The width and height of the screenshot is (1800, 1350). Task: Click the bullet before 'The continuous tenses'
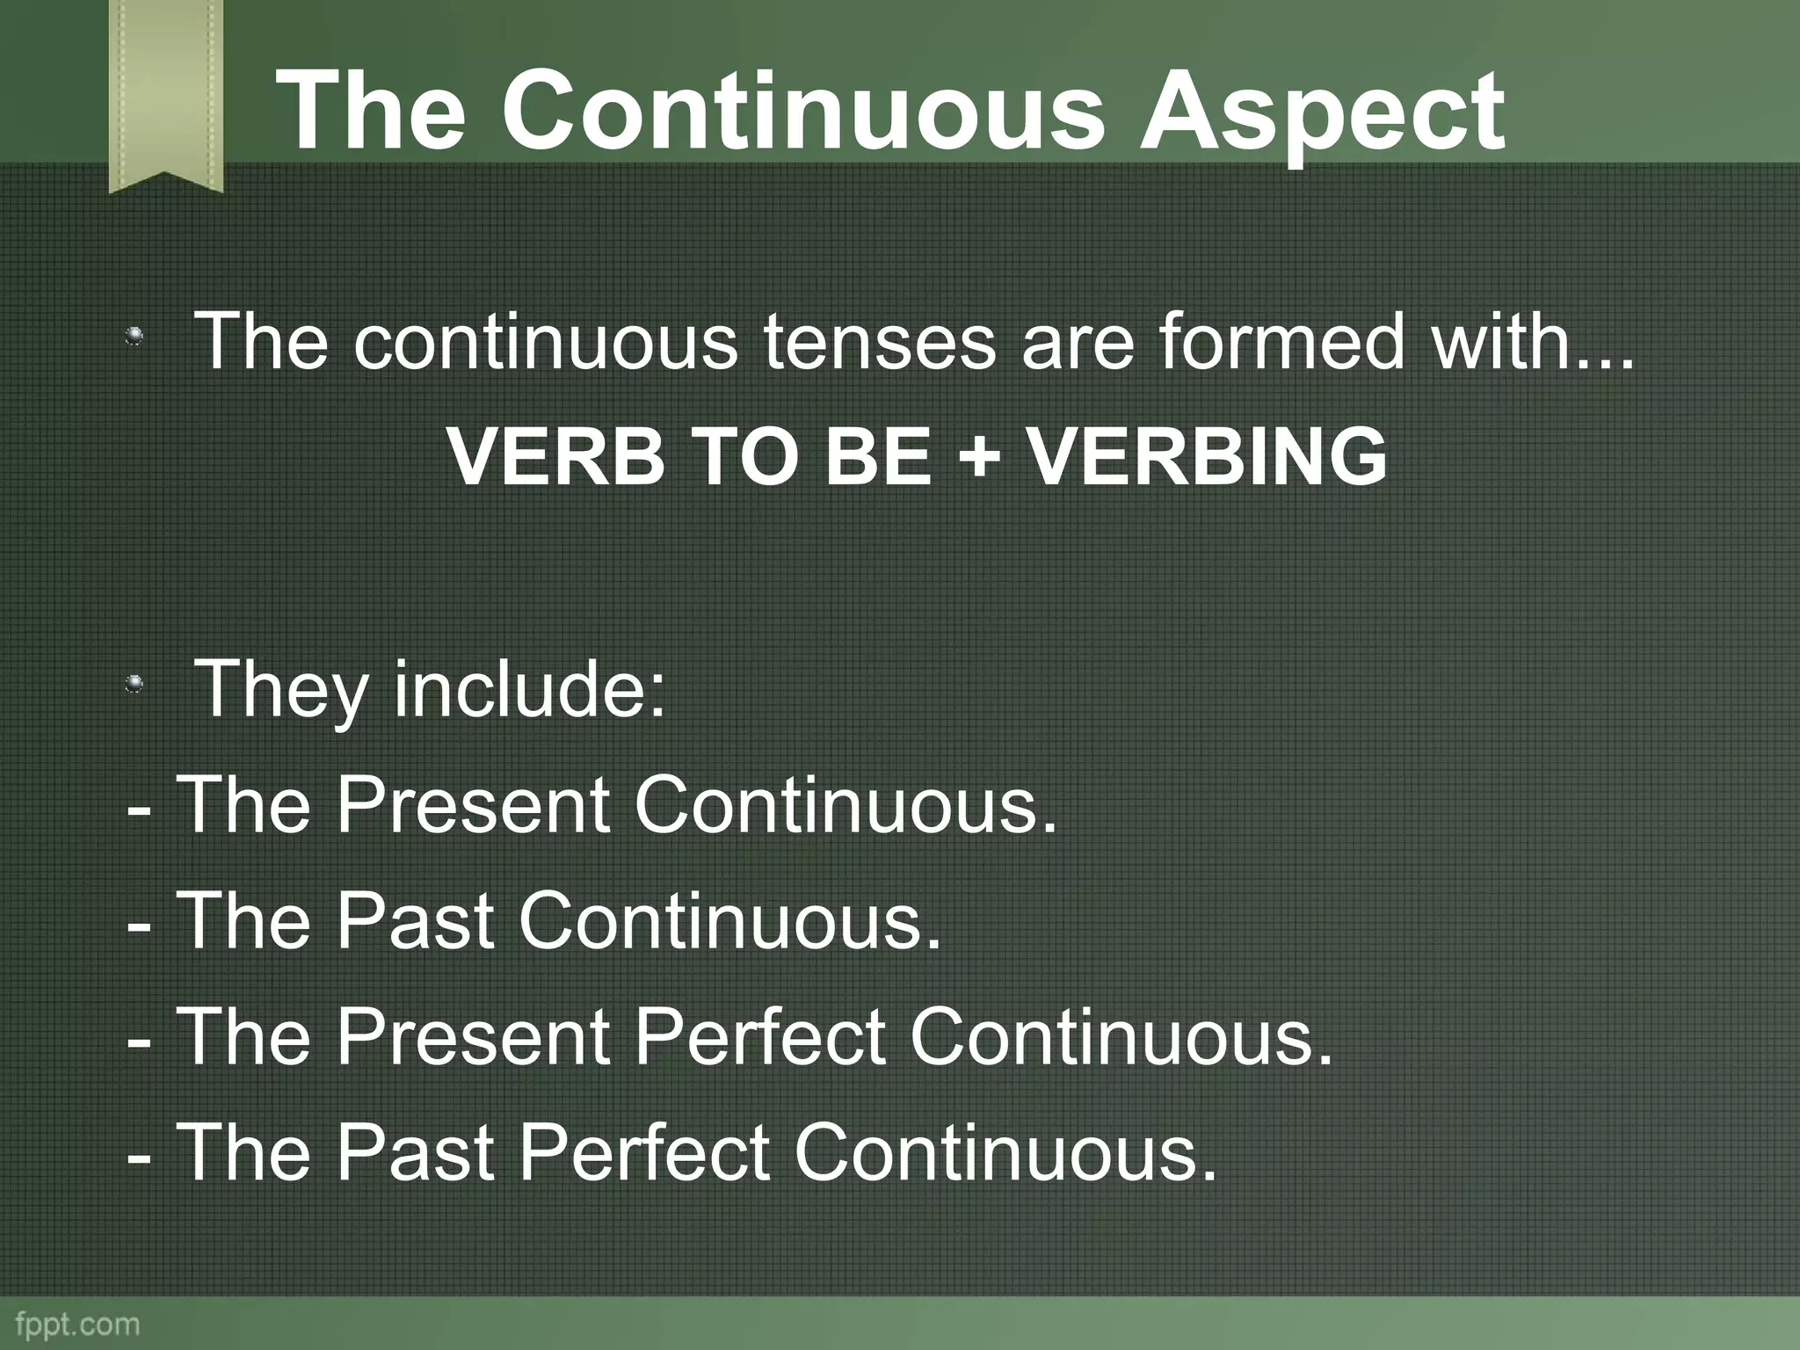pyautogui.click(x=134, y=337)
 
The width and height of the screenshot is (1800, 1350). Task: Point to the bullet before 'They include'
pyautogui.click(x=134, y=683)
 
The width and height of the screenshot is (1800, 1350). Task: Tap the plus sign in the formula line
pyautogui.click(x=977, y=457)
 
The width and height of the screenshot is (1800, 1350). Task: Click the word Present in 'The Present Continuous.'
pyautogui.click(x=473, y=804)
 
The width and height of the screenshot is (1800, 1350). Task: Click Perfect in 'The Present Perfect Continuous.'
pyautogui.click(x=759, y=1036)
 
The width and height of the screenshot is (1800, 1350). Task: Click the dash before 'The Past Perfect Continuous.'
pyautogui.click(x=139, y=1156)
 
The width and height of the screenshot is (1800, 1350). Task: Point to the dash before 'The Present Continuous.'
pyautogui.click(x=139, y=808)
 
